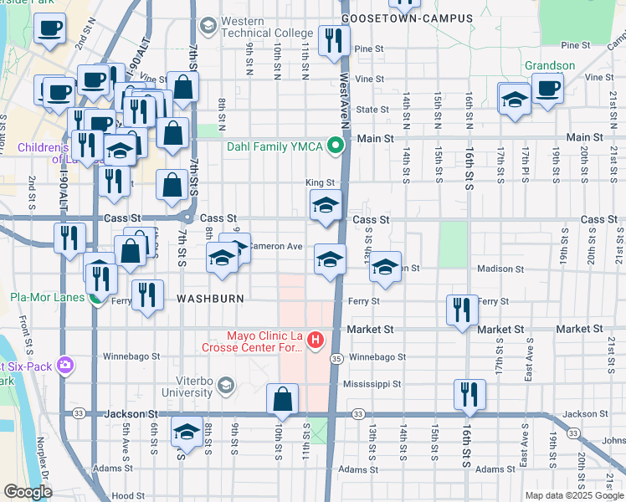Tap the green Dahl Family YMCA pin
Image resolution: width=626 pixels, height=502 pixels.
click(x=336, y=146)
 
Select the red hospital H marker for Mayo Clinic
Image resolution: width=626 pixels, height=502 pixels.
click(x=316, y=340)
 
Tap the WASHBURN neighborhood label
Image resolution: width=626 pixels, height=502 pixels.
click(x=210, y=298)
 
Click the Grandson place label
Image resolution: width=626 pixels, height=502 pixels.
click(x=549, y=65)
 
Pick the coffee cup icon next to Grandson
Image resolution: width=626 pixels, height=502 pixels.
click(x=547, y=88)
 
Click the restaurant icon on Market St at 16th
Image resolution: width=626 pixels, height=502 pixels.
click(x=463, y=310)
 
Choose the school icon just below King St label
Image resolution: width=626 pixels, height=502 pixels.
click(x=326, y=204)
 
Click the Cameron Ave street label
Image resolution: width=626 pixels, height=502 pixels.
click(x=275, y=247)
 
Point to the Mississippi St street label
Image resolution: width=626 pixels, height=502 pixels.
click(x=372, y=385)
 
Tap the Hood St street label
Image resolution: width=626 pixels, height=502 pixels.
click(x=128, y=495)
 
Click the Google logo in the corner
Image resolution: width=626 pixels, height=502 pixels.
click(x=28, y=492)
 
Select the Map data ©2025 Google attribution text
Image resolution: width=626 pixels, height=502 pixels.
click(x=573, y=495)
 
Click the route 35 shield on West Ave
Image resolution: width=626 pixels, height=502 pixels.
click(x=336, y=358)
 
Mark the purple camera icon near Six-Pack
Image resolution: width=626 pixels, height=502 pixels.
click(x=65, y=366)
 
